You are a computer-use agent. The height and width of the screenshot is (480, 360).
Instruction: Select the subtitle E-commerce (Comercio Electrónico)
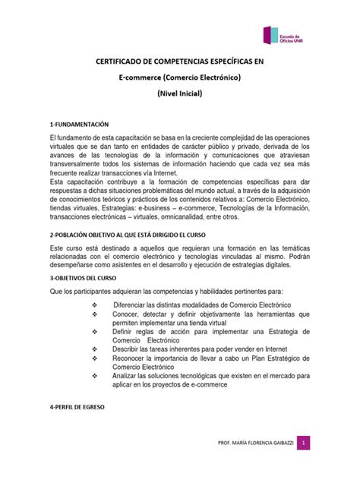pos(180,79)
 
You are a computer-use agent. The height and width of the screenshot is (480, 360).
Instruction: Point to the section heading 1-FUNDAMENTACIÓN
pos(74,123)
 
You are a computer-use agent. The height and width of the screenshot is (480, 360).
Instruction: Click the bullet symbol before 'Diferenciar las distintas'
pos(94,305)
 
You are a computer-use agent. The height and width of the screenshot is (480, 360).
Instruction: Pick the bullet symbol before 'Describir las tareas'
pos(94,349)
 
